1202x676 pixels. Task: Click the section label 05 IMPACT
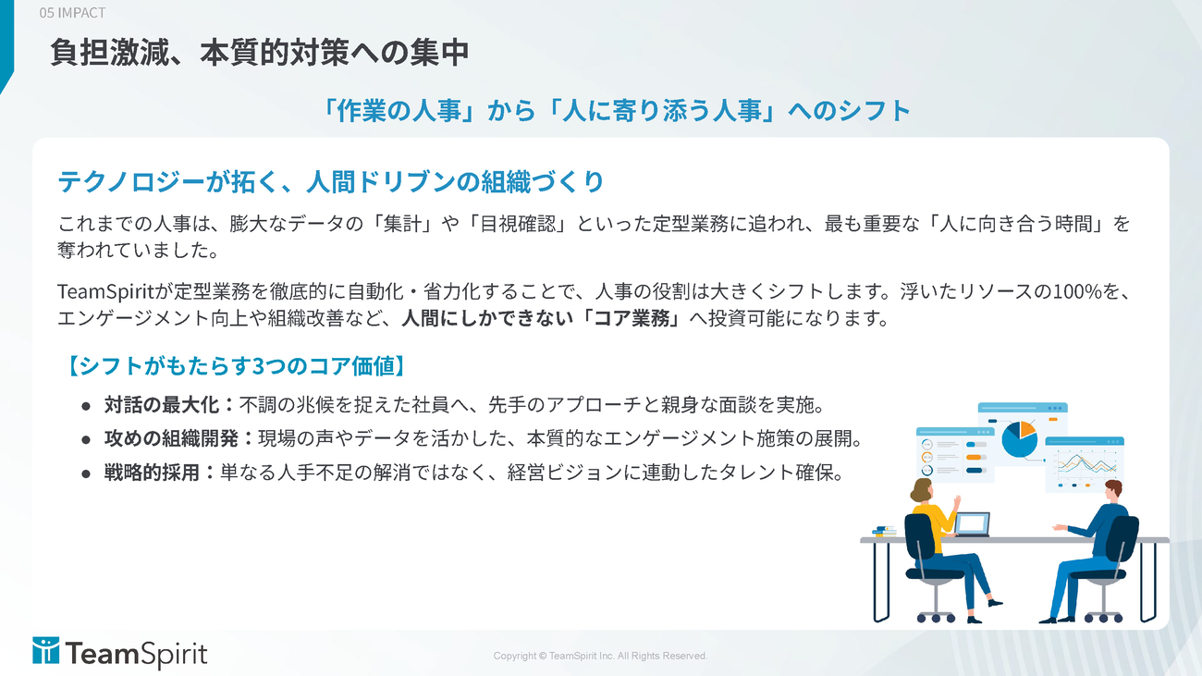(72, 12)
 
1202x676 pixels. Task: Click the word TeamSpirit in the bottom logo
(137, 654)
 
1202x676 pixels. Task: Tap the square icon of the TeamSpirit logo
(46, 650)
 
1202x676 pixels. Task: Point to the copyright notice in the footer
(600, 656)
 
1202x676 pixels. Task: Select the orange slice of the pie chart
(1027, 428)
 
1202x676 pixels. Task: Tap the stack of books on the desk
(884, 531)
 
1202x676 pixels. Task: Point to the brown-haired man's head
(1113, 491)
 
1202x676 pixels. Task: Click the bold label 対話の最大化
(162, 405)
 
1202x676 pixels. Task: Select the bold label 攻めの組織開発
(171, 439)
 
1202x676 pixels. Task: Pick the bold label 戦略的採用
(152, 473)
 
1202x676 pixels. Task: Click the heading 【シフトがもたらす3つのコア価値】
(236, 366)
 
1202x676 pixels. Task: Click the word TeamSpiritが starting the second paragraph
(115, 291)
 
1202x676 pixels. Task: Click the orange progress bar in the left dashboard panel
(975, 458)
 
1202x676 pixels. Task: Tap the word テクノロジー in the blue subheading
(131, 181)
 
